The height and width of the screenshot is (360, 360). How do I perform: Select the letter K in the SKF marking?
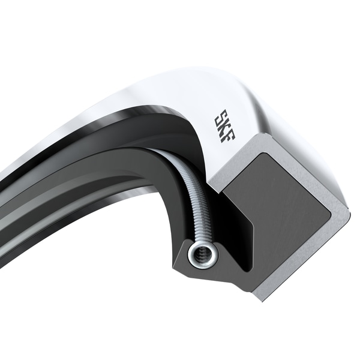pos(224,125)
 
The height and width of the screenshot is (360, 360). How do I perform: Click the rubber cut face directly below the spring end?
pos(204,276)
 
